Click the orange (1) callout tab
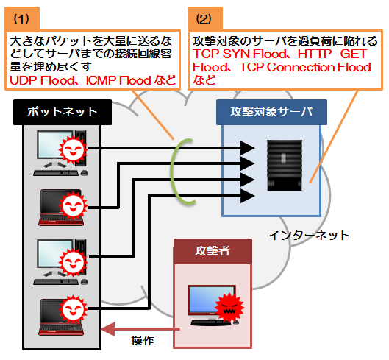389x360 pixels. click(x=22, y=19)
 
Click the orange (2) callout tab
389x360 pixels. click(x=205, y=19)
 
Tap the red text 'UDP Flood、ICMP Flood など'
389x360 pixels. click(x=93, y=80)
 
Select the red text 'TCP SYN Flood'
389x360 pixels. click(x=240, y=54)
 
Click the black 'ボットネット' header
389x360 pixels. click(x=63, y=112)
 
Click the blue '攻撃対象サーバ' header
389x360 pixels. click(x=271, y=112)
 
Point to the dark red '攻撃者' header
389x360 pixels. click(x=213, y=251)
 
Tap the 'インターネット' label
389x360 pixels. click(x=309, y=235)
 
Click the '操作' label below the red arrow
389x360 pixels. click(x=143, y=340)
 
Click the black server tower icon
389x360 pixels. click(x=285, y=165)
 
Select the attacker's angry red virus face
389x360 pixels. click(x=229, y=307)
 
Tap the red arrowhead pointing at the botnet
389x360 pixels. click(x=108, y=329)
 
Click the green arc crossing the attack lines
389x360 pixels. click(x=171, y=172)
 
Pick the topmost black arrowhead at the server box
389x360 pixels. click(x=248, y=148)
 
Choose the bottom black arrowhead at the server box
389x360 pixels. click(x=248, y=196)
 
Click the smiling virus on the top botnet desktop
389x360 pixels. click(x=73, y=150)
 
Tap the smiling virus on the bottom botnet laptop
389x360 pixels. click(x=73, y=309)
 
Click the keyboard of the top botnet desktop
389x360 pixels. click(x=56, y=173)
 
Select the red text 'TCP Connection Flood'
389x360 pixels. click(x=305, y=67)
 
